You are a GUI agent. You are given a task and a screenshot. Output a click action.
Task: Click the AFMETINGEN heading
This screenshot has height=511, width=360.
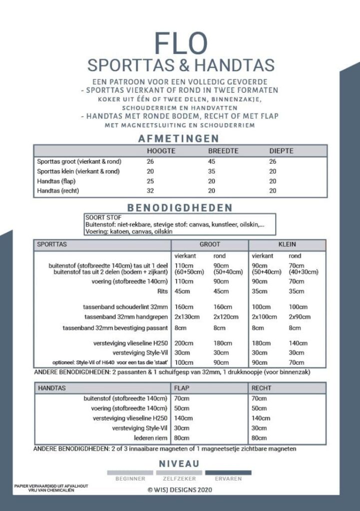point(180,139)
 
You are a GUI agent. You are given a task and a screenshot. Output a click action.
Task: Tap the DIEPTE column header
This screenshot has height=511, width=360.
point(281,151)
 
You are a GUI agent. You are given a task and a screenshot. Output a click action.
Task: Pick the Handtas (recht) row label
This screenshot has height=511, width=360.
point(59,191)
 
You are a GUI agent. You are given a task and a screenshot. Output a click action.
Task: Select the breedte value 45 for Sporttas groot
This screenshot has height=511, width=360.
point(212,161)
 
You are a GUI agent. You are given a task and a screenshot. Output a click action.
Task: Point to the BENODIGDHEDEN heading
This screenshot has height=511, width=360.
point(180,207)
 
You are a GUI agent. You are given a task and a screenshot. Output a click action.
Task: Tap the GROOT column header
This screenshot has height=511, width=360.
point(210,245)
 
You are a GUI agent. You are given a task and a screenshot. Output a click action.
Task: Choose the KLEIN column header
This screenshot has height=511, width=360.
point(287,245)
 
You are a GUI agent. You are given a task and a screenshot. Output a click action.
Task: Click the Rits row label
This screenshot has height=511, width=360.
point(162,291)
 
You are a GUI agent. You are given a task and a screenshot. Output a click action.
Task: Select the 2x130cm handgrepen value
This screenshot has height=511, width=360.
point(187,317)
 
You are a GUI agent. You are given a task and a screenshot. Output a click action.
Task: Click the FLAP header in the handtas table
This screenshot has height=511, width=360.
point(181,387)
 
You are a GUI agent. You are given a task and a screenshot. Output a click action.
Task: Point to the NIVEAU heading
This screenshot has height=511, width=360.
point(179,464)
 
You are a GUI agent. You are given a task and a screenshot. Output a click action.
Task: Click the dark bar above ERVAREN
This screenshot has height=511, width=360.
point(228,472)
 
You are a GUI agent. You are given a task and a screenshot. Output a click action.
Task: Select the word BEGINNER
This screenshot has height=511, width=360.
point(130,479)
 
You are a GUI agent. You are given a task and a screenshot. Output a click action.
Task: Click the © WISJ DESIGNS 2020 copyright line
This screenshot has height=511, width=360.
point(180,490)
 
